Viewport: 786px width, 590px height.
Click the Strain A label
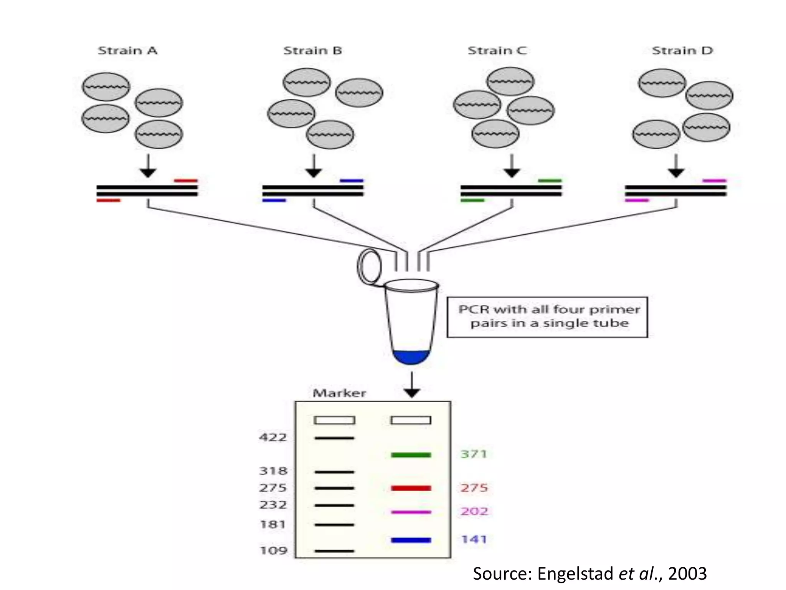(x=127, y=51)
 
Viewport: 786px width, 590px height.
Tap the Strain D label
(x=682, y=51)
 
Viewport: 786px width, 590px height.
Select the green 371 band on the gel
(x=411, y=455)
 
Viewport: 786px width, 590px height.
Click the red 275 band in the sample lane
(x=411, y=488)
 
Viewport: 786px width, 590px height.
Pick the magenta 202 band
(x=411, y=512)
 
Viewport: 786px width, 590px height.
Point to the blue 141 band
(x=411, y=540)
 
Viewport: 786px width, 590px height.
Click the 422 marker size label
(x=273, y=437)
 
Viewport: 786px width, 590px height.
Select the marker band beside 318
(x=334, y=472)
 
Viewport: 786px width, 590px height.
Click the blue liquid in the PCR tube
(x=411, y=358)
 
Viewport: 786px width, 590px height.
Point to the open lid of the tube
(x=369, y=266)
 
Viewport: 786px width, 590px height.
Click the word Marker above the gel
(x=339, y=393)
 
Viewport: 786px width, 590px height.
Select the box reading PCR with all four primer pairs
(x=547, y=317)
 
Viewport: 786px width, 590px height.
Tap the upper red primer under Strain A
(x=186, y=180)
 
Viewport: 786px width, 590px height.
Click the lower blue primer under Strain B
(x=274, y=201)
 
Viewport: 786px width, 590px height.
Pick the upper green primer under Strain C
(x=550, y=180)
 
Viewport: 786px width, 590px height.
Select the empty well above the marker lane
(x=334, y=420)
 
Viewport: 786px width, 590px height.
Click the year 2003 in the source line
(x=687, y=573)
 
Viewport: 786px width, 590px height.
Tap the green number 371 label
(x=474, y=454)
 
